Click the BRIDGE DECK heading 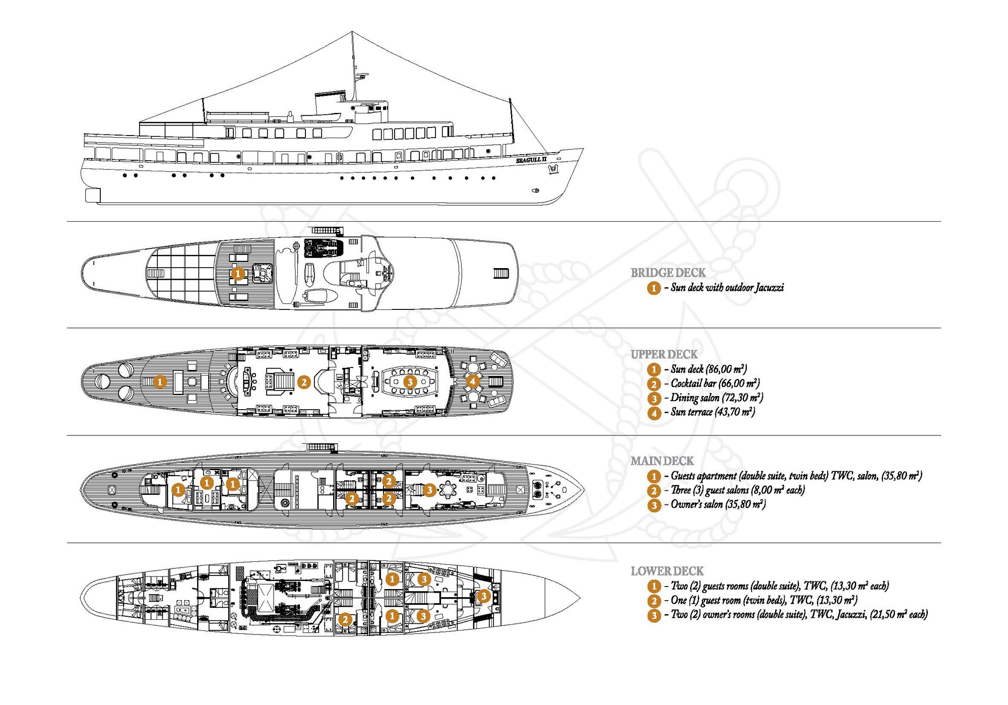668,273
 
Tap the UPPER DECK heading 664,354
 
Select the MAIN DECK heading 662,461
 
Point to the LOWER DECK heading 667,571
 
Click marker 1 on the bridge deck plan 238,274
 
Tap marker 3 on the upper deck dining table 410,381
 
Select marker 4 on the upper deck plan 472,381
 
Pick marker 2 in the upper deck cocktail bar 303,382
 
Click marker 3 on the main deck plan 429,489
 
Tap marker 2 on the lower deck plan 345,619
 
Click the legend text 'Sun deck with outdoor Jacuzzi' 727,288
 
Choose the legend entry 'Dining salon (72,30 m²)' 716,398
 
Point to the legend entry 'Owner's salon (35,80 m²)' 718,504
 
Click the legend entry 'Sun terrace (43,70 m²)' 712,412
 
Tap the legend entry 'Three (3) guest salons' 737,490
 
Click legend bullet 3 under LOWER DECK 654,615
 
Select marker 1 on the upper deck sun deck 159,381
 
